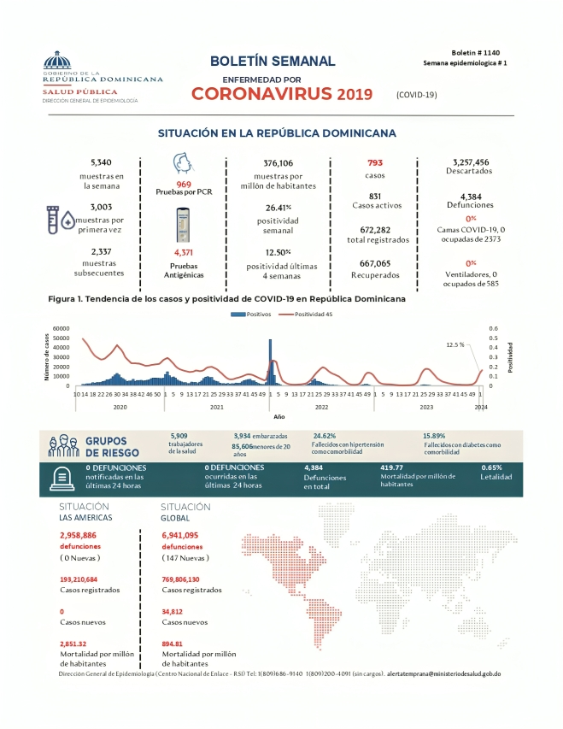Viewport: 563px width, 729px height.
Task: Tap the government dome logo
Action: pos(57,63)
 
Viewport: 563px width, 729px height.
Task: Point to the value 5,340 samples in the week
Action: pos(102,162)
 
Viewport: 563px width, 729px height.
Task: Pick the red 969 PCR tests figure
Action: pos(184,185)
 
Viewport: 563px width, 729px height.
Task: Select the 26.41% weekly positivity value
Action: pos(279,207)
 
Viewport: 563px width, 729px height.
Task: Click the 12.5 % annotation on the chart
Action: pos(455,344)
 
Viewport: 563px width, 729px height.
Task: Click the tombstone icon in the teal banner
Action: pos(62,479)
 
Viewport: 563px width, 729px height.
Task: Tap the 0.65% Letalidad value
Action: pos(492,467)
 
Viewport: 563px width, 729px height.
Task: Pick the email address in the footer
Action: pos(443,674)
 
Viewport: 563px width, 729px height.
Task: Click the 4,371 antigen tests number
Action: pos(185,253)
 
